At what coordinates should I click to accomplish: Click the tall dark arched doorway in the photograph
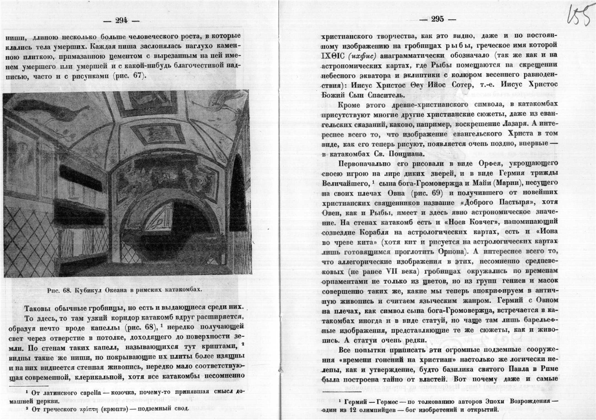pyautogui.click(x=237, y=193)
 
